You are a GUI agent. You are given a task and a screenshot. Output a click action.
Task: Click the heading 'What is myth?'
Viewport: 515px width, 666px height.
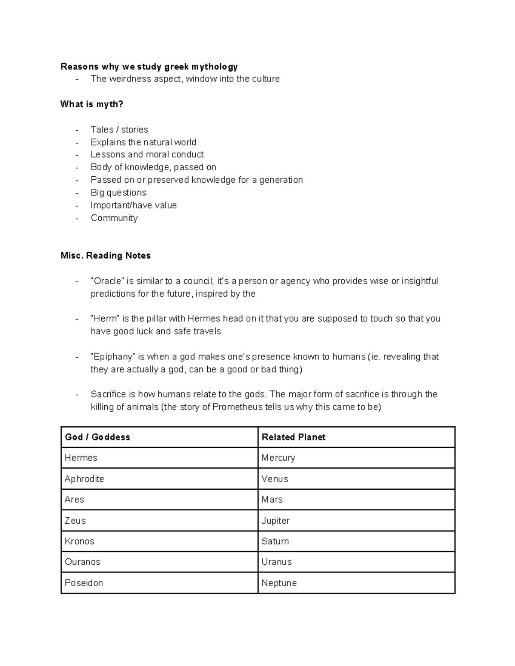click(x=92, y=104)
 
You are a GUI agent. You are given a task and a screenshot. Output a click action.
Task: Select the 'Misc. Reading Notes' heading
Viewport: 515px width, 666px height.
click(x=106, y=256)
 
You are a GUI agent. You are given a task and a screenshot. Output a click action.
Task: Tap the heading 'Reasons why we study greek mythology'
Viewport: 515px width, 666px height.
click(x=149, y=66)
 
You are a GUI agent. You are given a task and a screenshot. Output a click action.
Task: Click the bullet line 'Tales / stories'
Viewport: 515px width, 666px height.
click(x=119, y=130)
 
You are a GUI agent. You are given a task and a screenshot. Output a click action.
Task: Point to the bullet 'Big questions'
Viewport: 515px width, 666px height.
click(x=118, y=193)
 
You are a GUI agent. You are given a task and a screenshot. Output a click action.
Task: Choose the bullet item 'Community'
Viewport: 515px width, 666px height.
click(x=114, y=218)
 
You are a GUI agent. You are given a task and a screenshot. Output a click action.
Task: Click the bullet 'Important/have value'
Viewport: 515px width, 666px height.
click(x=133, y=205)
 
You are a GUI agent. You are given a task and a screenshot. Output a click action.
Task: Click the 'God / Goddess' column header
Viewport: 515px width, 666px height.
click(x=97, y=437)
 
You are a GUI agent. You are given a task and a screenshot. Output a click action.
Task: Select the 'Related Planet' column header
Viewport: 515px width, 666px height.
click(x=294, y=437)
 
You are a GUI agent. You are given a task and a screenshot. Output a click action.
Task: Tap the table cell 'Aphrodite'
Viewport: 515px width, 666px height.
click(x=85, y=479)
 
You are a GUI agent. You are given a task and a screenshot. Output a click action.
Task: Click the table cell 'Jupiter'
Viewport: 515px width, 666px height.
click(x=276, y=521)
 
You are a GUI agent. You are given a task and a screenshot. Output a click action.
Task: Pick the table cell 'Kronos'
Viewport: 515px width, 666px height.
click(x=79, y=541)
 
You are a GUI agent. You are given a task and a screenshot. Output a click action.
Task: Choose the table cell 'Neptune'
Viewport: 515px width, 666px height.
click(x=279, y=583)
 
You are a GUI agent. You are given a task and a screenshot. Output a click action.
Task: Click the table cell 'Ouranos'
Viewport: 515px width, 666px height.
click(x=82, y=562)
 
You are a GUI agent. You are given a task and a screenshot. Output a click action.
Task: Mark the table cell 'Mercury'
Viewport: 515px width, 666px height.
click(x=278, y=458)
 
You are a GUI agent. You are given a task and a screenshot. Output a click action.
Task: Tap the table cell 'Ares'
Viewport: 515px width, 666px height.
click(x=74, y=500)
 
